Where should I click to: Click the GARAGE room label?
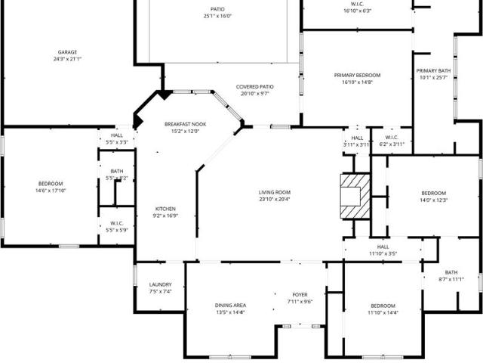pos(67,52)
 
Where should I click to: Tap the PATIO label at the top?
pos(217,9)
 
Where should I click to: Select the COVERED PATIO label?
pos(254,87)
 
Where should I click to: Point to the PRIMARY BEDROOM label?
pos(358,76)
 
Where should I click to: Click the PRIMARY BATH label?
pos(433,71)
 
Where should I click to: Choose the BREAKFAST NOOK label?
pos(185,124)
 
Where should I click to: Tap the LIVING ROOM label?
pos(274,192)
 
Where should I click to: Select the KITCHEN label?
pos(165,209)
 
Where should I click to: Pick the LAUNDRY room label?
pos(161,285)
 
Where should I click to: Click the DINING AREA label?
pos(231,306)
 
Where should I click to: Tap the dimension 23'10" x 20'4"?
pos(274,200)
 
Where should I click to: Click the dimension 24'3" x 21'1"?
pos(67,59)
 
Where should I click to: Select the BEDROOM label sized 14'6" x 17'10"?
pos(51,184)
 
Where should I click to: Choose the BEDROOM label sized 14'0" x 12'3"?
pos(434,193)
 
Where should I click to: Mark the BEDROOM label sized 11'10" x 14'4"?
pos(383,306)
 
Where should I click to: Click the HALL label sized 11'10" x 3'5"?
pos(383,247)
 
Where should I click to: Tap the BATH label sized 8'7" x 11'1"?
pos(451,272)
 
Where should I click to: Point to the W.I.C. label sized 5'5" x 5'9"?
pos(117,223)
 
